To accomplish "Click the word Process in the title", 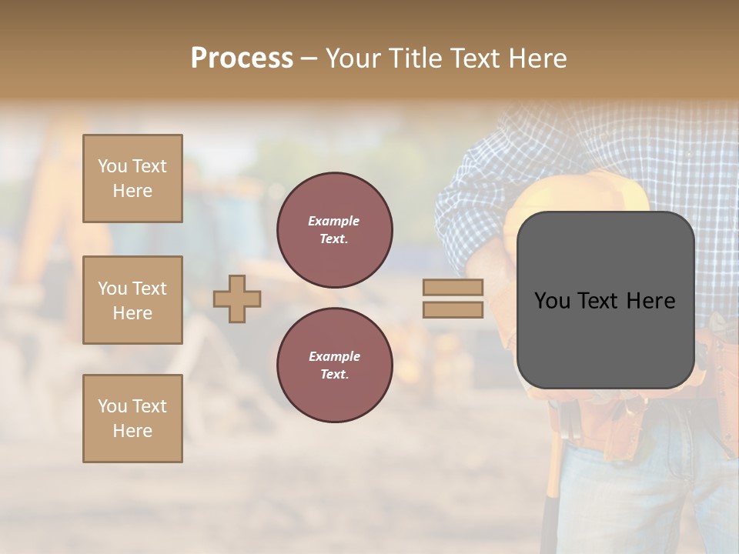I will tap(242, 58).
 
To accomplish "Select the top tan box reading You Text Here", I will tap(132, 179).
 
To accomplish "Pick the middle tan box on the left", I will tap(132, 300).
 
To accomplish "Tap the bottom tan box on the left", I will tap(132, 418).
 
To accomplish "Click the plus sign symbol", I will tap(237, 299).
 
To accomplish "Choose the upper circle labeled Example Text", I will tap(334, 230).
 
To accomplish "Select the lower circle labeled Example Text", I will tap(334, 365).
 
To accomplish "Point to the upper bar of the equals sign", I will tap(453, 288).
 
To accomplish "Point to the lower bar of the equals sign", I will tap(453, 309).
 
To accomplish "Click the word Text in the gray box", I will tap(603, 301).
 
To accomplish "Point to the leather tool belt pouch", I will tap(716, 362).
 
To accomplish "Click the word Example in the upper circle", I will tap(334, 221).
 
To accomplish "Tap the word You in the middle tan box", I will tap(111, 289).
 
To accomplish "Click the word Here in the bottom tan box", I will tap(132, 431).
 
